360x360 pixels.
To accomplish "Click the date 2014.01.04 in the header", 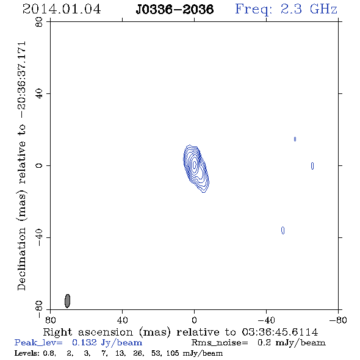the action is click(x=62, y=9).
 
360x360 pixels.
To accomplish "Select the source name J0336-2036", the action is click(x=175, y=9).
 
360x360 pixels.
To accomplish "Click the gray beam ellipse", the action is click(x=67, y=301).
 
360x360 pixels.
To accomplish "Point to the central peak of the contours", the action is click(x=195, y=165).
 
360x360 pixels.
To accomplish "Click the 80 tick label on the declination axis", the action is click(x=39, y=22).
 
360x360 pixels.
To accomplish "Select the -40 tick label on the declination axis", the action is click(x=39, y=237).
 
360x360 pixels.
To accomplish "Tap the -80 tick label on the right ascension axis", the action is click(x=338, y=320).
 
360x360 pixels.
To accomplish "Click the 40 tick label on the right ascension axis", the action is click(x=122, y=320).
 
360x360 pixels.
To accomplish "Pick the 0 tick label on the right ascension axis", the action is click(x=194, y=320).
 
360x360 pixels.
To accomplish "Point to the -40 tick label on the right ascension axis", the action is click(x=266, y=320).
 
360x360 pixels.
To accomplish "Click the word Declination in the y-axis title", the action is click(x=21, y=259).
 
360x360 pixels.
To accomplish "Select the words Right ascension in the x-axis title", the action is click(x=88, y=332).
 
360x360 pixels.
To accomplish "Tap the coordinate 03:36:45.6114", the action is click(x=280, y=332).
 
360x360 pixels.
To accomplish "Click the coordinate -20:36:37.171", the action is click(x=21, y=80).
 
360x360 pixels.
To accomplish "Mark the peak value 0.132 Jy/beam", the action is click(x=107, y=343).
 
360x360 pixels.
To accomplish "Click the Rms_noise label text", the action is click(x=220, y=343).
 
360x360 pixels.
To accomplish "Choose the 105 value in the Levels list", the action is click(x=173, y=353).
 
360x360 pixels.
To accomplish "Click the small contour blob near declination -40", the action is click(x=283, y=230).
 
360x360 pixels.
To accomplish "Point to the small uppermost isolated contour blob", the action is click(x=295, y=139).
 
